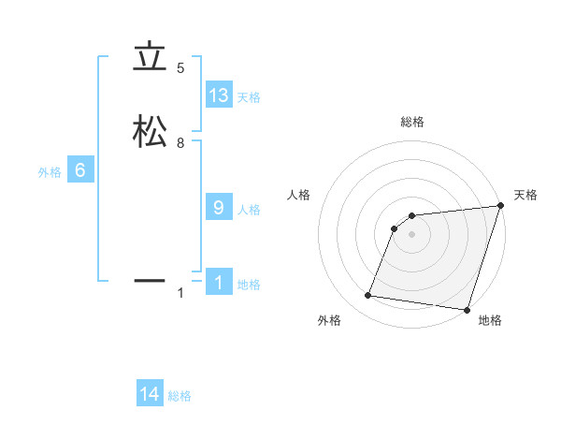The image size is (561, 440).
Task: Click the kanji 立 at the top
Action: point(150,59)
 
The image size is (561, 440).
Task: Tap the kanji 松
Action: point(150,133)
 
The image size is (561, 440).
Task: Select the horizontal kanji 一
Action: point(150,279)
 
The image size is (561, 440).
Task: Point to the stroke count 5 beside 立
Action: point(180,68)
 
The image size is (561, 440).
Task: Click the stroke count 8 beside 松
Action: point(180,142)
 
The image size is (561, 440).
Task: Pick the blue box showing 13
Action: point(219,95)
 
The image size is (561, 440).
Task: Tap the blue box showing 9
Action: point(219,208)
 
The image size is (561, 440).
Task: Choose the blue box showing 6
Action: point(80,170)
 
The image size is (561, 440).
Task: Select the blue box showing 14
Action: point(150,394)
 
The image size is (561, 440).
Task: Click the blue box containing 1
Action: point(219,283)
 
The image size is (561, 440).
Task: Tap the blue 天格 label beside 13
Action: point(249,97)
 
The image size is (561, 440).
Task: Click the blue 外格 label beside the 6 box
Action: point(49,172)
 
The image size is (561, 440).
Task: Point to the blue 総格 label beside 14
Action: point(180,396)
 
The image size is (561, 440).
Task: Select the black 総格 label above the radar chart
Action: point(412,122)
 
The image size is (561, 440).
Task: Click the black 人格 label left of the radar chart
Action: point(298,195)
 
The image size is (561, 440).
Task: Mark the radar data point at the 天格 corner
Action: point(500,206)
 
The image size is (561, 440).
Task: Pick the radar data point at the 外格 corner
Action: point(368,296)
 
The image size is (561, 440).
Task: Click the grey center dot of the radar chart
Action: point(412,234)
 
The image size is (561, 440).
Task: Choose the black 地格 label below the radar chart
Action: point(490,321)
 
